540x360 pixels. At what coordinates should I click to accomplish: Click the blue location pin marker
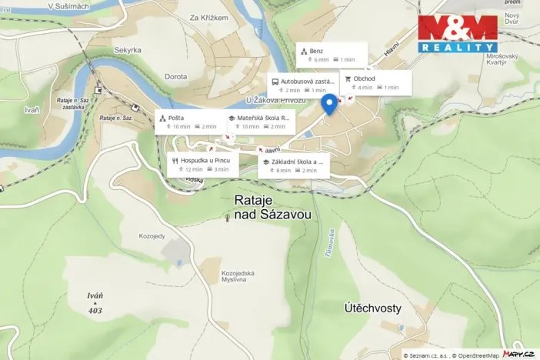point(329,105)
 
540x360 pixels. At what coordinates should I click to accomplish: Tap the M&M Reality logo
point(457,34)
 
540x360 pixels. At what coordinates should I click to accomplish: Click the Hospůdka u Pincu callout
point(204,165)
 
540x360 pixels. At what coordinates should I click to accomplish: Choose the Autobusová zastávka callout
point(302,85)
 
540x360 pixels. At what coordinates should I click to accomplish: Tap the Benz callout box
point(332,55)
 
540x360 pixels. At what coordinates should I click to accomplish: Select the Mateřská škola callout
point(258,122)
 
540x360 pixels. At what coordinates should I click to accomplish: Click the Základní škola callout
point(294,165)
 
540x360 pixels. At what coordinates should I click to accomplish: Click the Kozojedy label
point(152,235)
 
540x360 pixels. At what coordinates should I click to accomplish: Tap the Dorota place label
point(176,76)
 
